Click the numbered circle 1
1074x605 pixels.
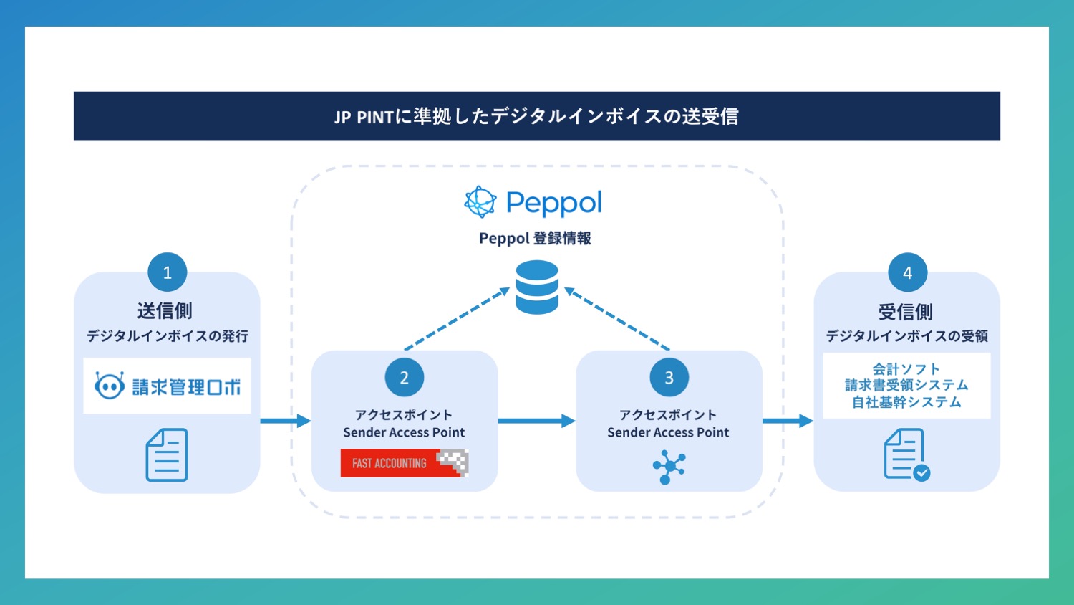[x=167, y=272]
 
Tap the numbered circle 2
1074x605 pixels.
[x=404, y=377]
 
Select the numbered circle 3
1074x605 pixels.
[x=669, y=377]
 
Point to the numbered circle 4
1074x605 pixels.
[x=907, y=272]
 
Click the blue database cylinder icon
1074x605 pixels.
[x=537, y=287]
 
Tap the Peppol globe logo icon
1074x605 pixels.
[x=480, y=202]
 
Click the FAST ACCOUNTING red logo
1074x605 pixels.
[x=404, y=463]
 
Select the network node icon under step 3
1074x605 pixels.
[x=669, y=467]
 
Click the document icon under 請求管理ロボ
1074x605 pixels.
[x=167, y=455]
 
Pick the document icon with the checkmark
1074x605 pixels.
[x=906, y=454]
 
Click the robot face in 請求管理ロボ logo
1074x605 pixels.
[x=110, y=386]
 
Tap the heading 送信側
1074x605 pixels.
[x=165, y=310]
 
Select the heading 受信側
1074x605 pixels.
[x=906, y=312]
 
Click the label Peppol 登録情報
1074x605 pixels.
[x=535, y=238]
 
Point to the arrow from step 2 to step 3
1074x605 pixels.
[x=536, y=421]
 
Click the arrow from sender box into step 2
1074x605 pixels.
[x=285, y=421]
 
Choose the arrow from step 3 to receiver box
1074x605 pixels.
[x=788, y=421]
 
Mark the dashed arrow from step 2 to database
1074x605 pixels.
[x=457, y=319]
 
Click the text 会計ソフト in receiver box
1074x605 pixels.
[x=906, y=369]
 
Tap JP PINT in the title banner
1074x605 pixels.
[x=364, y=117]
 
